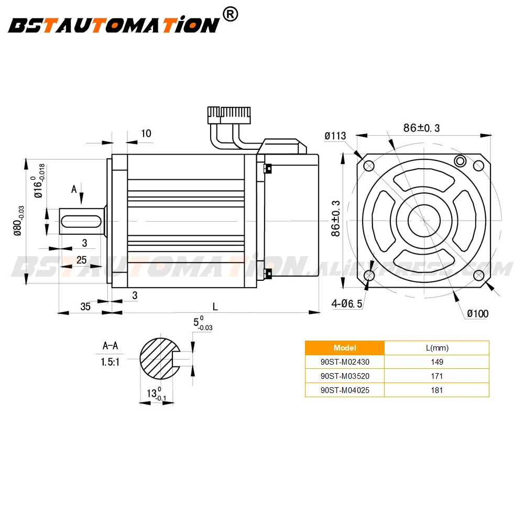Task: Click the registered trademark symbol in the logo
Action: click(x=230, y=14)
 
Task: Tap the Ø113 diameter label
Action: click(x=335, y=136)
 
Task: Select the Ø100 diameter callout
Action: click(x=477, y=313)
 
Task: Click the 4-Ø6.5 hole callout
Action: click(x=346, y=303)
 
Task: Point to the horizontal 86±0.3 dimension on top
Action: click(x=421, y=128)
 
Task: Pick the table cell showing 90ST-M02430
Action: click(x=345, y=362)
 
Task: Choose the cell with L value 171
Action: click(x=437, y=376)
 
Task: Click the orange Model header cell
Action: click(x=345, y=348)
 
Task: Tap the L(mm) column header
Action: click(x=437, y=348)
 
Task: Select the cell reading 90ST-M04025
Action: click(x=345, y=390)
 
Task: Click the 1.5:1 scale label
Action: click(x=110, y=362)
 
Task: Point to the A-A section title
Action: click(x=110, y=345)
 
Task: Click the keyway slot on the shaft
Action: click(x=81, y=221)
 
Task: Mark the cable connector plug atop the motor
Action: click(x=229, y=115)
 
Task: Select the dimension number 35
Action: click(x=85, y=307)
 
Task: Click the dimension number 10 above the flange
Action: click(x=146, y=133)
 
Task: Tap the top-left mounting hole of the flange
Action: click(x=368, y=166)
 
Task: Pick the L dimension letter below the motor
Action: click(x=215, y=307)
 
